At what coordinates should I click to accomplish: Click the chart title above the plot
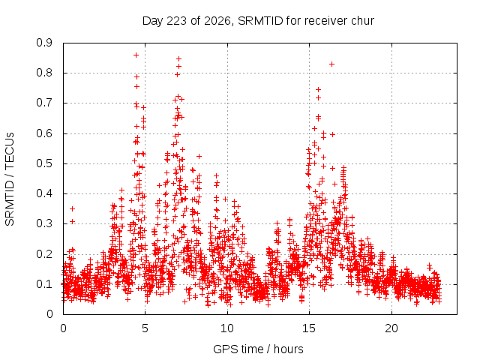click(x=258, y=21)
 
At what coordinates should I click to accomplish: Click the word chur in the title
click(x=363, y=20)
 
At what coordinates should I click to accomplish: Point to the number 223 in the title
click(x=177, y=20)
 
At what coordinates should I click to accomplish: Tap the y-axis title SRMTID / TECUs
click(x=10, y=179)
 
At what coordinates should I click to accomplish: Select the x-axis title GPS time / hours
click(x=258, y=349)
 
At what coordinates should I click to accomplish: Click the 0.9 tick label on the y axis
click(x=44, y=43)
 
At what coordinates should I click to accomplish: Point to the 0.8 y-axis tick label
click(x=44, y=73)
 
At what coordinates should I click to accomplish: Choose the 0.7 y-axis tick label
click(x=44, y=103)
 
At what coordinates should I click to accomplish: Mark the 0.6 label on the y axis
click(x=44, y=133)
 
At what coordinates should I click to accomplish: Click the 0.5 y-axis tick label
click(x=44, y=163)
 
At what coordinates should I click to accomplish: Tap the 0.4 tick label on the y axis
click(x=44, y=193)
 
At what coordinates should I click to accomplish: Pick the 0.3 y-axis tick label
click(x=44, y=223)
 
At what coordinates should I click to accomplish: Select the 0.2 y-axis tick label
click(x=44, y=254)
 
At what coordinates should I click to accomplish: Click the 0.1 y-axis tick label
click(x=44, y=284)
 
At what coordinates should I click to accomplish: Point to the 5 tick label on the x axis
click(x=145, y=328)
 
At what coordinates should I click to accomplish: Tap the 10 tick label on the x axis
click(x=227, y=328)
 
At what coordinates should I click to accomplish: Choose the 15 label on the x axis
click(x=309, y=328)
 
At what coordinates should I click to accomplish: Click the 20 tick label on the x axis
click(x=391, y=328)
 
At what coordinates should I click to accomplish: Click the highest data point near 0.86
click(x=136, y=55)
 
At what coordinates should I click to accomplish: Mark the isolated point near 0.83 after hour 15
click(x=331, y=64)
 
